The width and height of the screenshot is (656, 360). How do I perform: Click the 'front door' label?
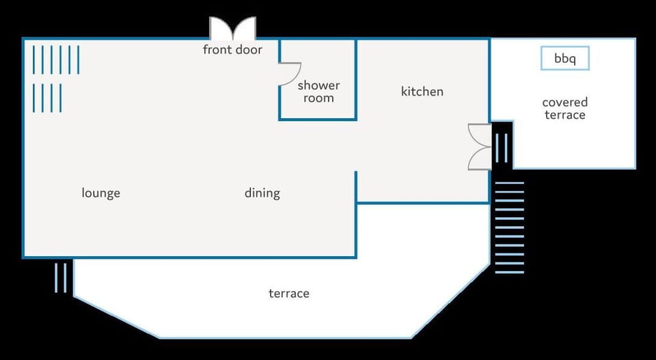(232, 50)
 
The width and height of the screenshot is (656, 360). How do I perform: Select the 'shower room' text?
(318, 92)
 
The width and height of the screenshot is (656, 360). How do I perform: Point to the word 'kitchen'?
(422, 92)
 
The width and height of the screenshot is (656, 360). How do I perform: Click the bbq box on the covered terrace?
(565, 58)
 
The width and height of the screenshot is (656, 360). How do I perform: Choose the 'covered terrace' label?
(565, 109)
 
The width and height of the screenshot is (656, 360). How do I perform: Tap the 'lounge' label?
(101, 193)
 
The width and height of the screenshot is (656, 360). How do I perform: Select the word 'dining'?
(262, 193)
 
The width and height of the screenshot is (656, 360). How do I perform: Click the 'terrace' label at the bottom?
(289, 294)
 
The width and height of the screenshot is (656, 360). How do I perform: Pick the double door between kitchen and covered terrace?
(480, 147)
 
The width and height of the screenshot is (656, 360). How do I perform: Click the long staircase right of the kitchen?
(510, 228)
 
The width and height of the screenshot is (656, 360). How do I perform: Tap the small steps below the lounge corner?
(61, 277)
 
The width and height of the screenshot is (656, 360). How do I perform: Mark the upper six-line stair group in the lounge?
(55, 60)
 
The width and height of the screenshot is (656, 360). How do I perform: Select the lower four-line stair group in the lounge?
(47, 98)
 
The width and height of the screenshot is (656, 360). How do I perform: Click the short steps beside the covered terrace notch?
(501, 148)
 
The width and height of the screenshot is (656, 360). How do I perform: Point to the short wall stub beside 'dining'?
(355, 187)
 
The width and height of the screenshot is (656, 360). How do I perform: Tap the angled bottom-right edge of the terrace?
(450, 301)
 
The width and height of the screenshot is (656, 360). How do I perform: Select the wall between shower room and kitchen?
(355, 79)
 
